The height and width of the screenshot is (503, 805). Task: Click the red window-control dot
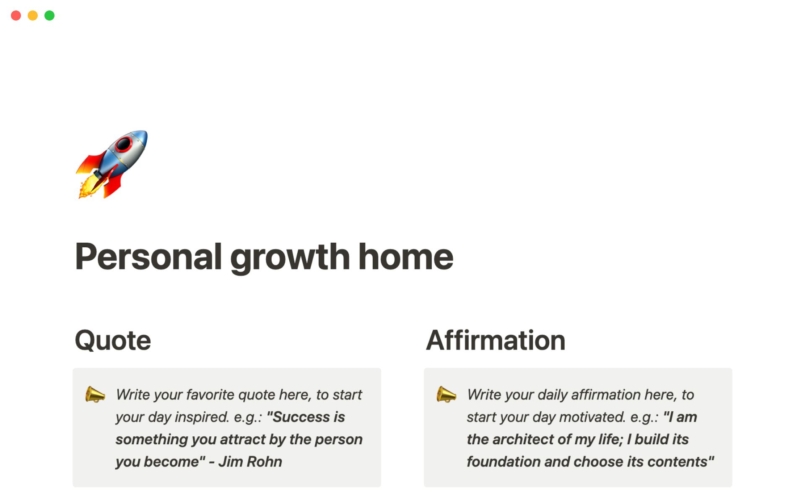click(16, 16)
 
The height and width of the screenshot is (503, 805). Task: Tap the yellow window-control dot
click(33, 16)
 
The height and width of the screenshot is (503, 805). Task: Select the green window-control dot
click(49, 16)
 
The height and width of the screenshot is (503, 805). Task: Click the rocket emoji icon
click(112, 164)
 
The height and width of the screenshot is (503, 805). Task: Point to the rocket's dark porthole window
click(123, 144)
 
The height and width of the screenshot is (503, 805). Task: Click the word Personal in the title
click(148, 257)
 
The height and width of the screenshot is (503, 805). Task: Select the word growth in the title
click(290, 257)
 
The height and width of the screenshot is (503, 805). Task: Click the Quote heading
click(113, 340)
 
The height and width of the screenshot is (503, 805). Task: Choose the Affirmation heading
click(496, 340)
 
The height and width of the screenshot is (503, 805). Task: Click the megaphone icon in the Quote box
click(95, 394)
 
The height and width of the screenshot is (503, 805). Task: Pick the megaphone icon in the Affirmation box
click(446, 394)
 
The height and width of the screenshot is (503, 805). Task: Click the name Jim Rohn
click(250, 462)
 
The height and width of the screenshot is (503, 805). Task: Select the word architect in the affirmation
click(530, 439)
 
